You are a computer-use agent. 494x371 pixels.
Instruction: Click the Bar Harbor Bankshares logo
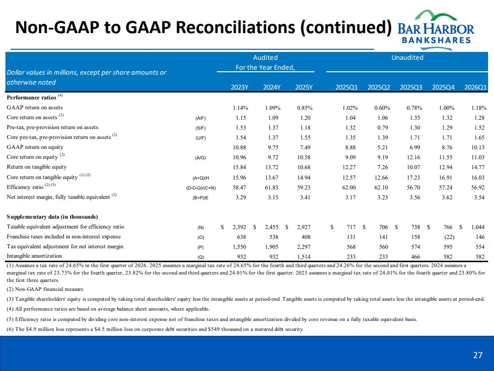pos(436,30)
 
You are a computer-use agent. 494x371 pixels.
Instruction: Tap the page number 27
pos(478,355)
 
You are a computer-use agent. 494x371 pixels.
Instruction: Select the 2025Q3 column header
pos(411,88)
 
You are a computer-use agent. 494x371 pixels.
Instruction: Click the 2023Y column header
pos(239,88)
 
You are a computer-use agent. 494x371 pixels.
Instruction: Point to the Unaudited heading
pos(407,58)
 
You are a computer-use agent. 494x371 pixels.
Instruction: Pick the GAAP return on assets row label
pos(35,107)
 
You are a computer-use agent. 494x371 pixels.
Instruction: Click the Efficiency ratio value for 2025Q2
pos(381,187)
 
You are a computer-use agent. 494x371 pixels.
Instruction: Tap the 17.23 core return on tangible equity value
pos(413,178)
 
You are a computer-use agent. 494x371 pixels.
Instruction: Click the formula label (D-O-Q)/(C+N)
pos(201,188)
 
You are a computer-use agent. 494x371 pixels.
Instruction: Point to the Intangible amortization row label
pos(34,256)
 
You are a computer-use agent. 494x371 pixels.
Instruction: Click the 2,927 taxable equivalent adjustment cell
pos(303,227)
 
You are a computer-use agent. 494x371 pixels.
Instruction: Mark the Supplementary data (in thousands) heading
pos(52,217)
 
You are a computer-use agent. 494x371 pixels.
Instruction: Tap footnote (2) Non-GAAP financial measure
pos(45,289)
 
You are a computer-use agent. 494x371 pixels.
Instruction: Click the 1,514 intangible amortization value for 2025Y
pos(303,257)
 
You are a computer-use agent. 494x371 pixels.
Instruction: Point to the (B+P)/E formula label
pos(200,198)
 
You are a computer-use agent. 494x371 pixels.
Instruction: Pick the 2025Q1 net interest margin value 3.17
pos(350,198)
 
